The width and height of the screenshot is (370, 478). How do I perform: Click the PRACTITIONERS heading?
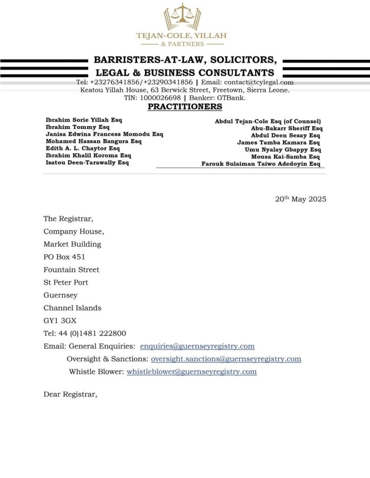point(185,107)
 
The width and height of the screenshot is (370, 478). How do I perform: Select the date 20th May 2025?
point(300,199)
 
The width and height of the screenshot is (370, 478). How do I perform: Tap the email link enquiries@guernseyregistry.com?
point(197,346)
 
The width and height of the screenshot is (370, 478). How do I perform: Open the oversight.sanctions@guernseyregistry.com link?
point(226,359)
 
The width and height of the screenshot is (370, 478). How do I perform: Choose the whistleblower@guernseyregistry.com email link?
point(191,371)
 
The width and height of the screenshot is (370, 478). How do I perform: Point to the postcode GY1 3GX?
point(60,321)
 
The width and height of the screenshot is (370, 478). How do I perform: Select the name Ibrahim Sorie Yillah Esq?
point(83,120)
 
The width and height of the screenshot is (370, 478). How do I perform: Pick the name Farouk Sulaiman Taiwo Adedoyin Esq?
point(261,164)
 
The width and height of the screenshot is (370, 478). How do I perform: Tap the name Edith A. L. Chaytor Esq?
point(82,148)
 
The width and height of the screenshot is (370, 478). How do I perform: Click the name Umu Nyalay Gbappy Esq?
point(283,150)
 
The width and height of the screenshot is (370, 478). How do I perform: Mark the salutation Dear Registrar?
point(70,394)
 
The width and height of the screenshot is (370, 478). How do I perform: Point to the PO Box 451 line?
point(64,257)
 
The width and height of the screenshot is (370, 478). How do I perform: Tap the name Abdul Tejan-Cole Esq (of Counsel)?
point(268,121)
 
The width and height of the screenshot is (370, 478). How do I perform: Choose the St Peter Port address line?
point(65,282)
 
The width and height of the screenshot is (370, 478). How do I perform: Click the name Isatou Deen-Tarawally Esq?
point(87,163)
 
